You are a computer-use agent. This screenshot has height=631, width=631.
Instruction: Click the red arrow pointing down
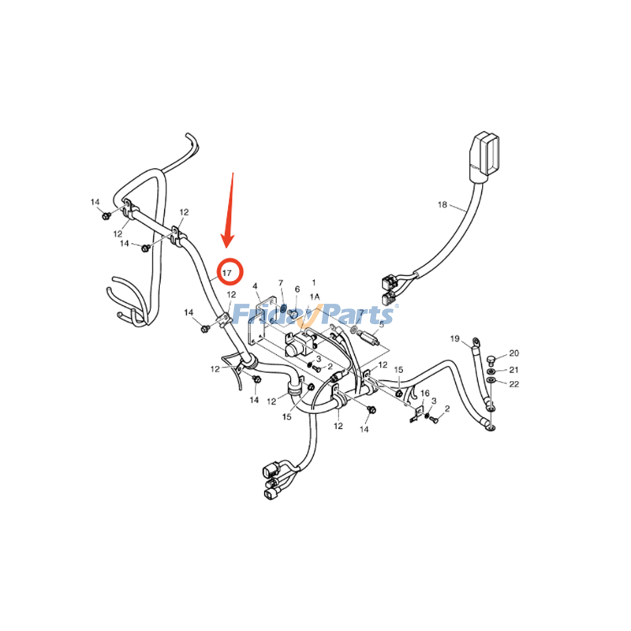point(229,210)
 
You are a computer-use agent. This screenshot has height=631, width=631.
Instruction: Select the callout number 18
point(442,205)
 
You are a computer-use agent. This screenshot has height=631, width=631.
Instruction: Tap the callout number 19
point(455,338)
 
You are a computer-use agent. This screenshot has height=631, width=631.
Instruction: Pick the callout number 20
point(514,353)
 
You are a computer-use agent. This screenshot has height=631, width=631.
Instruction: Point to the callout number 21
point(514,369)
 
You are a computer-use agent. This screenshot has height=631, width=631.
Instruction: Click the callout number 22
point(514,384)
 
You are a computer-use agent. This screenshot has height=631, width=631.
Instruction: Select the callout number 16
point(425,393)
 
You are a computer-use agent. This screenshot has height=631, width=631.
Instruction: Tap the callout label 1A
point(314,297)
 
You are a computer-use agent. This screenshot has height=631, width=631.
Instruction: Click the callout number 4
point(255,286)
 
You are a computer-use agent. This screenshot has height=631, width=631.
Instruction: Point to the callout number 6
point(297,289)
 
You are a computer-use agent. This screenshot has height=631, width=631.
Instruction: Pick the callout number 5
point(382,324)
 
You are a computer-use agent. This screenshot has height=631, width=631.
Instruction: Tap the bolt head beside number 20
point(490,360)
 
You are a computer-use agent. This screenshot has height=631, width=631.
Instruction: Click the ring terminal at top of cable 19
point(476,342)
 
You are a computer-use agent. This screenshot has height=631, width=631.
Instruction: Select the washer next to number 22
point(491,380)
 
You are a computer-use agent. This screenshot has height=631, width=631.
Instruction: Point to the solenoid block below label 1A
point(299,345)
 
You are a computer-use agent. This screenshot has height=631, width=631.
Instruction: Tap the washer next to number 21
point(491,371)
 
